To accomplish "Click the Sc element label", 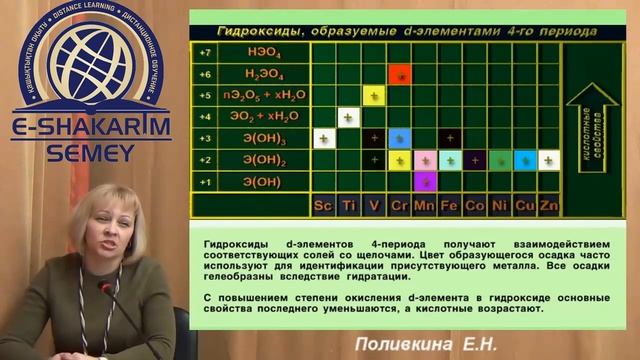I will point(323,205).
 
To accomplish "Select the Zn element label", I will point(548,205).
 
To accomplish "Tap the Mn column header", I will point(423,205).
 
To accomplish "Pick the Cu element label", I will point(523,205).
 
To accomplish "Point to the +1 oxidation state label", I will point(204,181).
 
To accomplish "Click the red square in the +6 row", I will point(399,74).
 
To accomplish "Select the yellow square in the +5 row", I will point(374,95).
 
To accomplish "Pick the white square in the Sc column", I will point(323,138).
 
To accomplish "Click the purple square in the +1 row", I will point(424,181).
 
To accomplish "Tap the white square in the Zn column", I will point(548,159).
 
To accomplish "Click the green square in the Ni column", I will point(499,159).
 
